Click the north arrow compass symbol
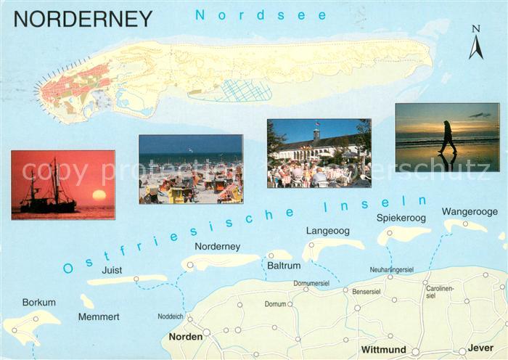(476, 44)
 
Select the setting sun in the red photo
(99, 195)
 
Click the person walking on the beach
(448, 137)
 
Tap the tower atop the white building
(316, 135)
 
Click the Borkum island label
(38, 302)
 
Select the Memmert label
(99, 316)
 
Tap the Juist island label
(112, 269)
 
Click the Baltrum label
(284, 266)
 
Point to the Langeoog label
(327, 231)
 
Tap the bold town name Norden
(186, 337)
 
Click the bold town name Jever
(480, 349)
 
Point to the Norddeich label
(171, 316)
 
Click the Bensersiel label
(366, 291)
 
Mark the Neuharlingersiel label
(391, 269)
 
